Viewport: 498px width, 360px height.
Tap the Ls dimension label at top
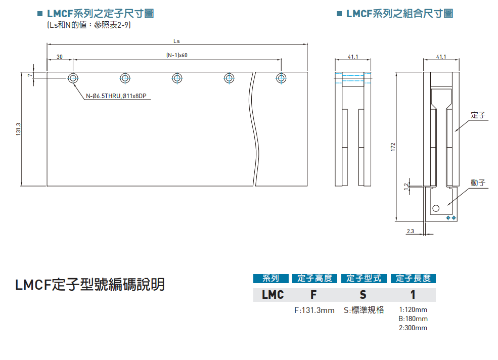[x=176, y=41]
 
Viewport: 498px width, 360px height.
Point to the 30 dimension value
[x=60, y=57]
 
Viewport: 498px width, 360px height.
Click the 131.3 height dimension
[x=18, y=129]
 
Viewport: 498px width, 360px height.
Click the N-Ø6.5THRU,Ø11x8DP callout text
[x=116, y=96]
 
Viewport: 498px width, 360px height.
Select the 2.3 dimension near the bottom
[x=410, y=231]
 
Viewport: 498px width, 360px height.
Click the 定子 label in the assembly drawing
[x=478, y=116]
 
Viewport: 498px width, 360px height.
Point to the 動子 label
[x=478, y=183]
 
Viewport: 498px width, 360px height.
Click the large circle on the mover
[x=436, y=207]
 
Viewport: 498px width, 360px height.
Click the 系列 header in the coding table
[x=270, y=279]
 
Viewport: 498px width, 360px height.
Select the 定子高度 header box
[x=314, y=279]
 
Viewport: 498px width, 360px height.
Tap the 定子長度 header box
[x=413, y=279]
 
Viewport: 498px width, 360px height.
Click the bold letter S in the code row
[x=363, y=295]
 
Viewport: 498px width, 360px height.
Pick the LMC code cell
[x=273, y=295]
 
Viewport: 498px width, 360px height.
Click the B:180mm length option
[x=413, y=319]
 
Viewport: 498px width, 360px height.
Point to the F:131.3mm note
[x=314, y=310]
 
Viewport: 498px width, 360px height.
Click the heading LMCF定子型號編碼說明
[x=90, y=285]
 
